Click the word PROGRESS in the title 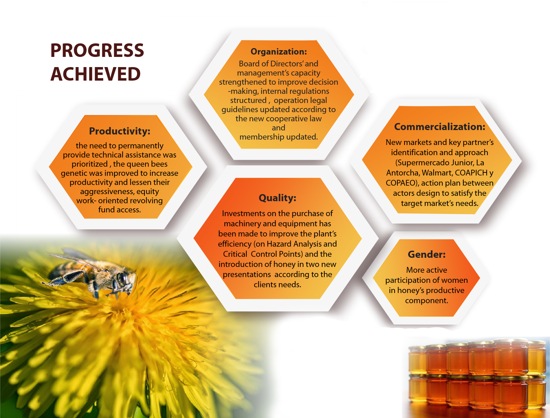point(97,50)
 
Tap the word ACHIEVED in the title point(95,74)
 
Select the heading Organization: point(279,51)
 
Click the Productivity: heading point(119,131)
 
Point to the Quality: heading point(278,198)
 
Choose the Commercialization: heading point(440,127)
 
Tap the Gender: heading point(426,254)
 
